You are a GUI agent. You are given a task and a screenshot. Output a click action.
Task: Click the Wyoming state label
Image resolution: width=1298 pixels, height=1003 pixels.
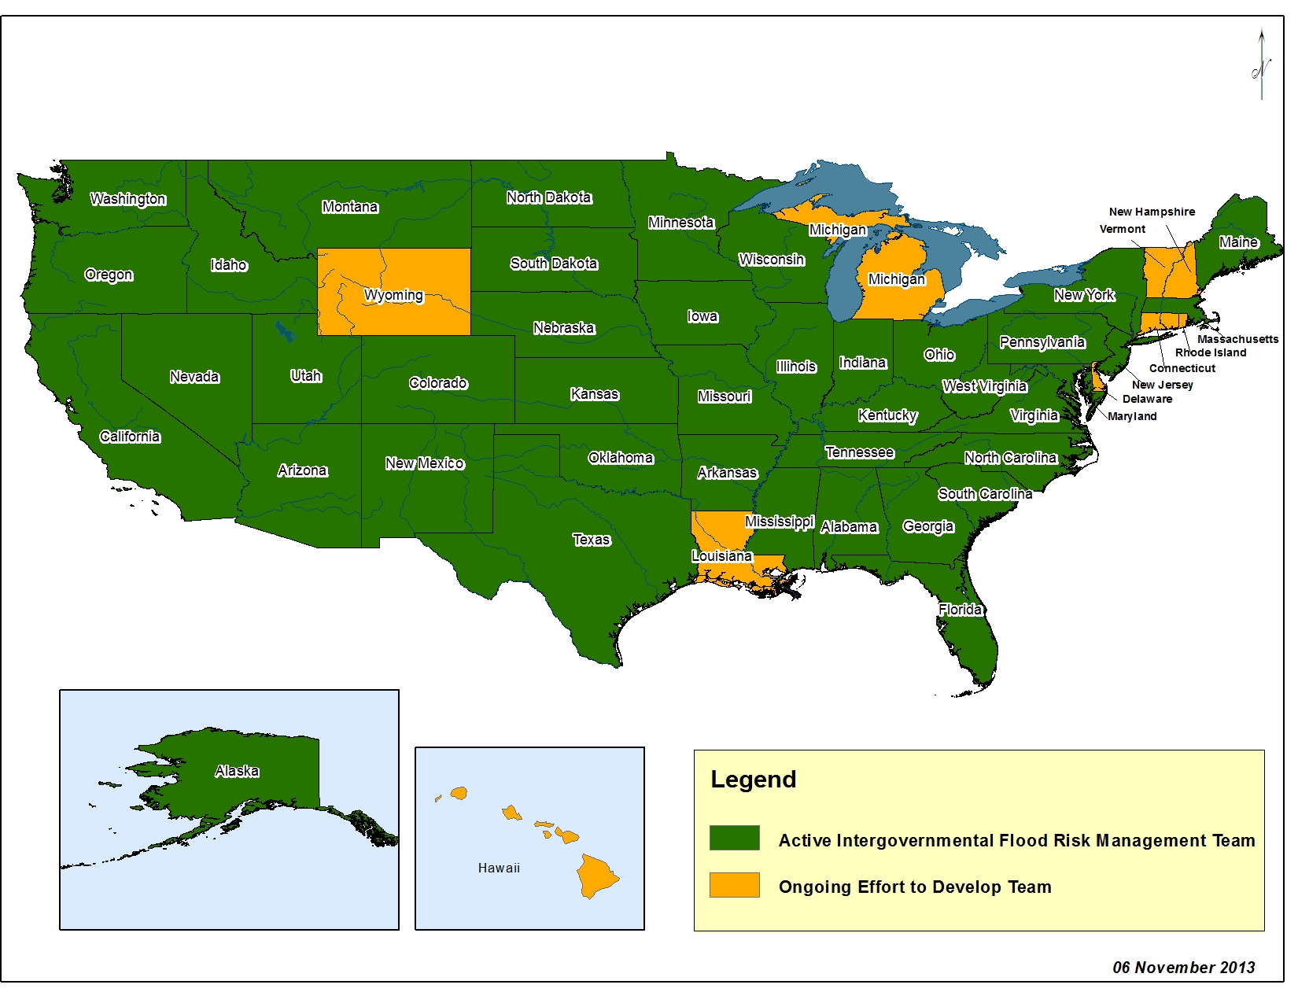pyautogui.click(x=393, y=295)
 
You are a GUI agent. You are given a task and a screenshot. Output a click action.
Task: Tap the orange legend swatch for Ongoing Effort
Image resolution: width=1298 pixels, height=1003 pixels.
pyautogui.click(x=734, y=885)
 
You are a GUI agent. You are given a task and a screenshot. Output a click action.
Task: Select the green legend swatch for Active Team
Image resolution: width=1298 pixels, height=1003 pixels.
pyautogui.click(x=734, y=838)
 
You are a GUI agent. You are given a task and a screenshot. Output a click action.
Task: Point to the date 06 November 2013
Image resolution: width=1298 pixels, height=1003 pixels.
pyautogui.click(x=1183, y=968)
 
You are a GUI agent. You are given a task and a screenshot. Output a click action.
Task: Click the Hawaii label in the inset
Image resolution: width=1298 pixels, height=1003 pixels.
pyautogui.click(x=499, y=868)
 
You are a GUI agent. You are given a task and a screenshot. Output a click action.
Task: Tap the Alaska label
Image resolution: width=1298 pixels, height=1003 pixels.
pyautogui.click(x=237, y=771)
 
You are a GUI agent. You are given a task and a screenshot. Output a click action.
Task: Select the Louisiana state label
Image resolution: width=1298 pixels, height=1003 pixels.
pyautogui.click(x=721, y=555)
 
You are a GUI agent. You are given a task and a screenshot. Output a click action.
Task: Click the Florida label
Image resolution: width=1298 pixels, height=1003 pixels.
pyautogui.click(x=960, y=609)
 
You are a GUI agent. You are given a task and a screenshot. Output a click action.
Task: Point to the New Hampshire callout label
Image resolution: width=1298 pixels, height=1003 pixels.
pyautogui.click(x=1152, y=212)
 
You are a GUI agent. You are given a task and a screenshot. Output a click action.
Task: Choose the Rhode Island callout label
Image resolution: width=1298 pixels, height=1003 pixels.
pyautogui.click(x=1211, y=352)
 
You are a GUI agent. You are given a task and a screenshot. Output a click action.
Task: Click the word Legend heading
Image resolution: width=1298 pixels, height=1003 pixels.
pyautogui.click(x=753, y=780)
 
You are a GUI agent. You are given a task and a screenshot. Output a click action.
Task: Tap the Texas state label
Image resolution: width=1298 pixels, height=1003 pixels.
pyautogui.click(x=591, y=540)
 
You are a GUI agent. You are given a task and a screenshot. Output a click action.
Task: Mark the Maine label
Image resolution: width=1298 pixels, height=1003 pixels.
pyautogui.click(x=1238, y=242)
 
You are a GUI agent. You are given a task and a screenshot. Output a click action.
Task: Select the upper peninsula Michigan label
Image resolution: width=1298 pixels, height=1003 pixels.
pyautogui.click(x=837, y=230)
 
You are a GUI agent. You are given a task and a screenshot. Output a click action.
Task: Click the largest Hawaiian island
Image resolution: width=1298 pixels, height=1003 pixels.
pyautogui.click(x=596, y=876)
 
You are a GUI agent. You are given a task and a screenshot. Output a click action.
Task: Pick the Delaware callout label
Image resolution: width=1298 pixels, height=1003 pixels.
pyautogui.click(x=1147, y=399)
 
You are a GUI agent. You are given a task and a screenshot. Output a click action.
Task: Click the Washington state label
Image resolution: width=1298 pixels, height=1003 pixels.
pyautogui.click(x=127, y=199)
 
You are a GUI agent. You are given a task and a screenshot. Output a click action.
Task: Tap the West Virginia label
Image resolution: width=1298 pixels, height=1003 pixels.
pyautogui.click(x=984, y=386)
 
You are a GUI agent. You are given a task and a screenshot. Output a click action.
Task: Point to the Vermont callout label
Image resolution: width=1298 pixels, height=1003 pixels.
pyautogui.click(x=1122, y=229)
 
